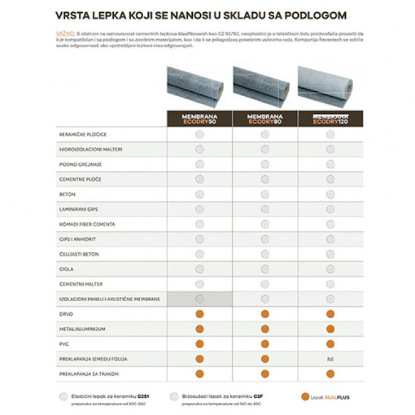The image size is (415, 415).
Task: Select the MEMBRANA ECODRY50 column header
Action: pos(199,119)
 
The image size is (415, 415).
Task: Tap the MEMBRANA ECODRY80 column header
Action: pos(264,119)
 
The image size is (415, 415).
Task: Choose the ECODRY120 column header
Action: pos(330,119)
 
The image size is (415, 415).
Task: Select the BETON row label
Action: pos(67,194)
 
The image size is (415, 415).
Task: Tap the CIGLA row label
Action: pos(66,269)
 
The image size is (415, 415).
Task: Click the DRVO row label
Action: pos(66,314)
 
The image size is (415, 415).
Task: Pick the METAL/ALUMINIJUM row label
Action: pos(83,329)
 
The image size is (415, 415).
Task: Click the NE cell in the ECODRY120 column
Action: pos(331,359)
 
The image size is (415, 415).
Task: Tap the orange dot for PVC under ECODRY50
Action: pos(199,344)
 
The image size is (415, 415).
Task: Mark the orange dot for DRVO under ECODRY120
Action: pos(331,314)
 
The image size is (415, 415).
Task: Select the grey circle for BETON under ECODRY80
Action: pos(265,194)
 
